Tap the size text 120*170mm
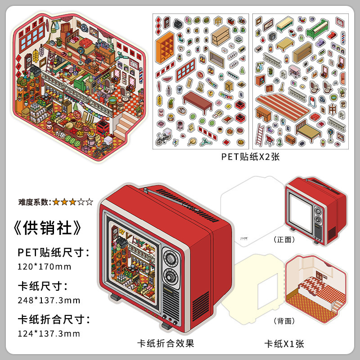click(x=45, y=266)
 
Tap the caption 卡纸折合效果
click(x=166, y=343)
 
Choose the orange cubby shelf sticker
click(x=165, y=47)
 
